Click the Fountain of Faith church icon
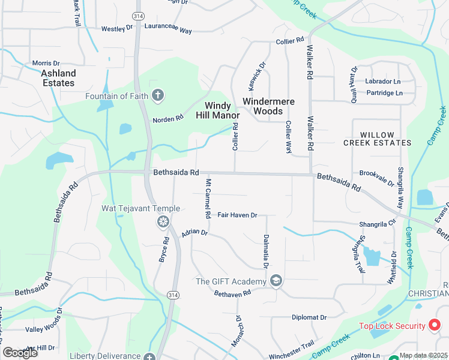click(x=158, y=96)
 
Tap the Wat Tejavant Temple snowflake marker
click(x=162, y=223)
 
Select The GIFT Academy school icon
click(x=276, y=281)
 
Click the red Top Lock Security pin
click(x=436, y=326)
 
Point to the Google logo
click(x=20, y=353)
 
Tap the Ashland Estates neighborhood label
click(x=58, y=78)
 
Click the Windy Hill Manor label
click(x=218, y=110)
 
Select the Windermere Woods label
click(x=268, y=106)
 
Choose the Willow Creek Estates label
click(x=377, y=139)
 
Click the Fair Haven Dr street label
click(x=237, y=215)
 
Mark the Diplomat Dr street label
click(x=309, y=317)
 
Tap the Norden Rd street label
click(x=167, y=119)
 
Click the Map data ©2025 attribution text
click(x=424, y=355)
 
